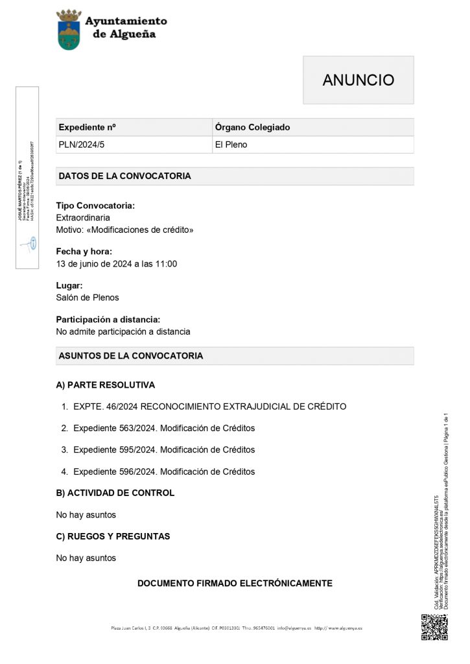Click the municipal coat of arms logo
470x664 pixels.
pos(69,30)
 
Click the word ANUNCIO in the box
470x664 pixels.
pos(358,80)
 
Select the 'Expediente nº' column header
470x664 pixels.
pos(87,127)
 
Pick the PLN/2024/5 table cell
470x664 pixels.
pos(81,145)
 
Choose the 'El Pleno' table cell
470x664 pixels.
pos(231,145)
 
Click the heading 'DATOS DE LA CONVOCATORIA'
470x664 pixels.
pos(124,176)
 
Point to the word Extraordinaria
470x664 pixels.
pos(83,218)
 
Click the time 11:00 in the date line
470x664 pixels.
pos(166,264)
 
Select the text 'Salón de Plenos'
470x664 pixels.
pos(88,298)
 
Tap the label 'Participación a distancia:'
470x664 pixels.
pos(108,320)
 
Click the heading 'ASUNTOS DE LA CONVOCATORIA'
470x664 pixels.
pos(130,356)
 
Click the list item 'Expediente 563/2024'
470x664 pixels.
pos(164,428)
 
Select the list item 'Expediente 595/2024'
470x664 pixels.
pos(164,449)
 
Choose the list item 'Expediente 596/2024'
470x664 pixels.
pos(164,471)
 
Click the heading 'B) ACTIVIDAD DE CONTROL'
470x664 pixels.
pos(115,493)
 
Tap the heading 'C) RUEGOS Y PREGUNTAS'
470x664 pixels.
pos(113,536)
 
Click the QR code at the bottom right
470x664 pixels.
pos(434,626)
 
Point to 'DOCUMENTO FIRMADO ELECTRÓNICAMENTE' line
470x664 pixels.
pos(235,584)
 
